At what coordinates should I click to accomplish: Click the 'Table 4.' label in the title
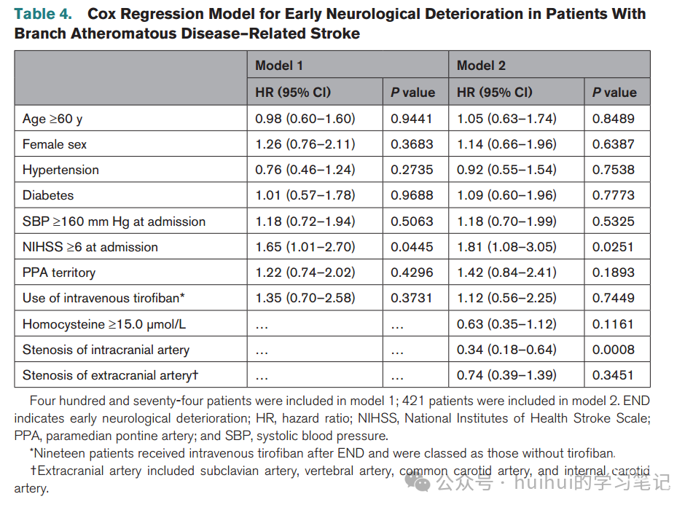[x=43, y=14]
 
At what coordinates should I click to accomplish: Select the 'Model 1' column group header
[x=279, y=66]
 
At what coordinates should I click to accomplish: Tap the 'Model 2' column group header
[x=481, y=66]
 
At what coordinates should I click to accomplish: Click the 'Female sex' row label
[x=55, y=144]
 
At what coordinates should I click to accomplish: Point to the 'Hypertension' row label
[x=60, y=170]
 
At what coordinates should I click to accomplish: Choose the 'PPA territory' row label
[x=59, y=272]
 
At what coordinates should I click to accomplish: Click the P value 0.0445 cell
[x=412, y=246]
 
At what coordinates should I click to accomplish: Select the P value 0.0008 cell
[x=613, y=350]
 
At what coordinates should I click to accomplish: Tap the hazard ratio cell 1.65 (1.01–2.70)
[x=305, y=246]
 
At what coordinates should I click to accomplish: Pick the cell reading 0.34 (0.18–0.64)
[x=506, y=350]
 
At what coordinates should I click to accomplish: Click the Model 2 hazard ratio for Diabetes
[x=506, y=195]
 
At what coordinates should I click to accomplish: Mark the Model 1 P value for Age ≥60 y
[x=411, y=119]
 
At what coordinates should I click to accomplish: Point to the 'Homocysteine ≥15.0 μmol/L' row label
[x=104, y=324]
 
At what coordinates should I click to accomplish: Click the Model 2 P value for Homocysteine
[x=613, y=324]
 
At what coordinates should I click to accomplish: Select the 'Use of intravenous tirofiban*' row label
[x=103, y=298]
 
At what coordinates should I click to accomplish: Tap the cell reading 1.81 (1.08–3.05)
[x=506, y=246]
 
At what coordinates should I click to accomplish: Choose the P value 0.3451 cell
[x=613, y=375]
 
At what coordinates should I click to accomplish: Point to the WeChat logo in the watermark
[x=418, y=482]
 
